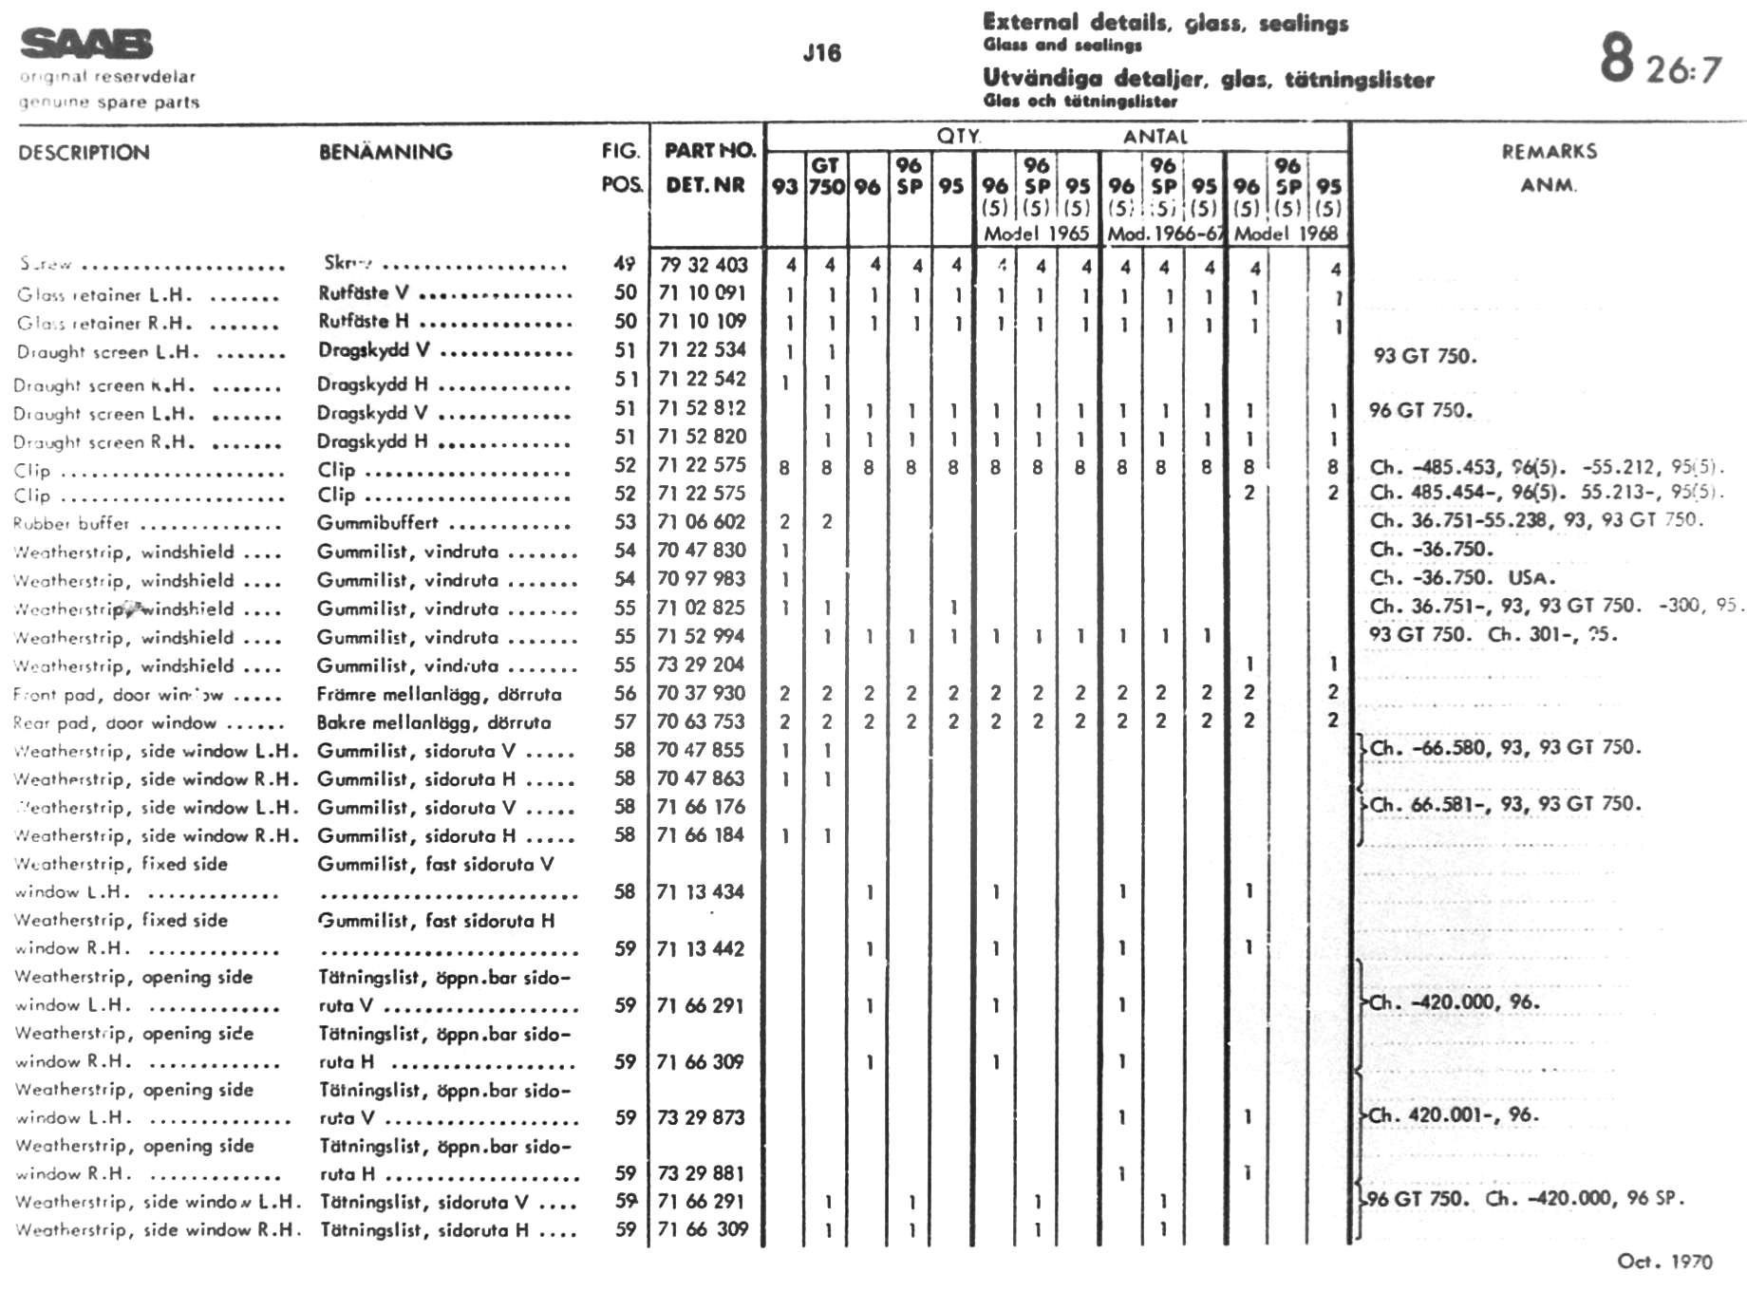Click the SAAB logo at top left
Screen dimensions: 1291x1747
pyautogui.click(x=85, y=44)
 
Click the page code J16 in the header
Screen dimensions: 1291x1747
pyautogui.click(x=821, y=53)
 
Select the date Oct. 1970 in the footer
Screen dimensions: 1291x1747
pyautogui.click(x=1664, y=1262)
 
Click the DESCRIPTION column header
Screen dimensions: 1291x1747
pyautogui.click(x=84, y=153)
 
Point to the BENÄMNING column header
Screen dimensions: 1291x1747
pyautogui.click(x=385, y=152)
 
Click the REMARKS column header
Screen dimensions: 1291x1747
pyautogui.click(x=1549, y=152)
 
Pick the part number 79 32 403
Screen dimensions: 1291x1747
pyautogui.click(x=703, y=265)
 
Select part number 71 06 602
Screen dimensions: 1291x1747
pyautogui.click(x=702, y=522)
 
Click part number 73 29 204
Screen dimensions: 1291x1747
pyautogui.click(x=701, y=664)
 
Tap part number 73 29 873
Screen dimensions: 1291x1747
pyautogui.click(x=701, y=1118)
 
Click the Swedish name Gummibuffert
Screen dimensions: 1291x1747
pyautogui.click(x=378, y=523)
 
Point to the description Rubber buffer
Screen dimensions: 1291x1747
pyautogui.click(x=71, y=524)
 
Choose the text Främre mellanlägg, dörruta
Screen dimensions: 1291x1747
pyautogui.click(x=439, y=695)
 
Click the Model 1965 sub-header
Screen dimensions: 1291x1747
pyautogui.click(x=1036, y=234)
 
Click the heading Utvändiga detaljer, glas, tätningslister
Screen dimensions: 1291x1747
pyautogui.click(x=1208, y=79)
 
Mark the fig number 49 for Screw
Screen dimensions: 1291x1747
pyautogui.click(x=624, y=264)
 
